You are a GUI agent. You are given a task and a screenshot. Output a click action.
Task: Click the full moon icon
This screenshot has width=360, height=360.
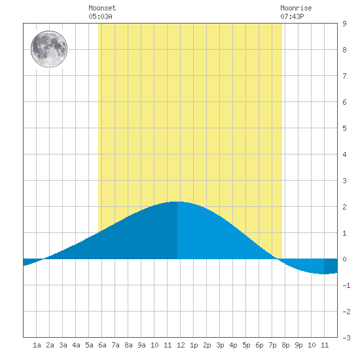pyautogui.click(x=49, y=49)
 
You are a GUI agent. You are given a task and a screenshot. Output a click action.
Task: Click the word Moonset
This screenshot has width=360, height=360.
pyautogui.click(x=102, y=8)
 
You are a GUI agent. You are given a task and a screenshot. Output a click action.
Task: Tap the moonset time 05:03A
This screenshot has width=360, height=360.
pyautogui.click(x=100, y=16)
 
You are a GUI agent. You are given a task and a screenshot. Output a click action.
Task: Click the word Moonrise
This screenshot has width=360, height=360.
pyautogui.click(x=296, y=8)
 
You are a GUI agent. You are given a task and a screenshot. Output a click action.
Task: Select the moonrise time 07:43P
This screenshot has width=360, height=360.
pyautogui.click(x=292, y=16)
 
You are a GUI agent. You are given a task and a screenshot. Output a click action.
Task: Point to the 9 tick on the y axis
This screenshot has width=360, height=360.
pyautogui.click(x=344, y=24)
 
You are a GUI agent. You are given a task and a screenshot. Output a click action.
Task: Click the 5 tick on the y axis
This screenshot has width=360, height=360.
pyautogui.click(x=344, y=128)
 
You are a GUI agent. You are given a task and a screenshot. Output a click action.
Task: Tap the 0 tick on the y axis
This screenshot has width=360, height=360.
pyautogui.click(x=344, y=259)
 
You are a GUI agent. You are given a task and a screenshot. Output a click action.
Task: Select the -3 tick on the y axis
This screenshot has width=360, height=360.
pyautogui.click(x=346, y=338)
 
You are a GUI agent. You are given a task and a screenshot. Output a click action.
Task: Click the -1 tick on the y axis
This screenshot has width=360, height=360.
pyautogui.click(x=346, y=285)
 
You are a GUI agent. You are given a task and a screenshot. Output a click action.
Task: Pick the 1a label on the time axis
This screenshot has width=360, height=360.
pyautogui.click(x=37, y=345)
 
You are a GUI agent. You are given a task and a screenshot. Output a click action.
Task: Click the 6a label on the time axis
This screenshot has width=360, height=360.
pyautogui.click(x=102, y=345)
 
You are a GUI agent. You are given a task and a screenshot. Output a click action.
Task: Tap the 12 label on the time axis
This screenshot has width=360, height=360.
pyautogui.click(x=181, y=345)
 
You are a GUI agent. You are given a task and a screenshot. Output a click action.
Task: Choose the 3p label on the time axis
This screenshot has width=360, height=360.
pyautogui.click(x=220, y=345)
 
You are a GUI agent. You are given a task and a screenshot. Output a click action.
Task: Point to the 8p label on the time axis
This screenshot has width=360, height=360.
pyautogui.click(x=285, y=345)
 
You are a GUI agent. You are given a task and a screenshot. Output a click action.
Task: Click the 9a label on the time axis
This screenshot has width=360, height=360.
pyautogui.click(x=141, y=345)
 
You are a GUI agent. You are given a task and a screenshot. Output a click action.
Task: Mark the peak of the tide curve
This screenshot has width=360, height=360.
pyautogui.click(x=177, y=202)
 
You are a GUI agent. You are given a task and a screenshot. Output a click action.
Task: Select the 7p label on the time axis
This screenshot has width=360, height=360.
pyautogui.click(x=272, y=345)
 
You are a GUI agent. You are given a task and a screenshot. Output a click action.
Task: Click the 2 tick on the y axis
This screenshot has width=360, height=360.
pyautogui.click(x=344, y=207)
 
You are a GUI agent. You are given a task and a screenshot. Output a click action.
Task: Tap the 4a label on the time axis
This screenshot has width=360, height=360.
pyautogui.click(x=76, y=345)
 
